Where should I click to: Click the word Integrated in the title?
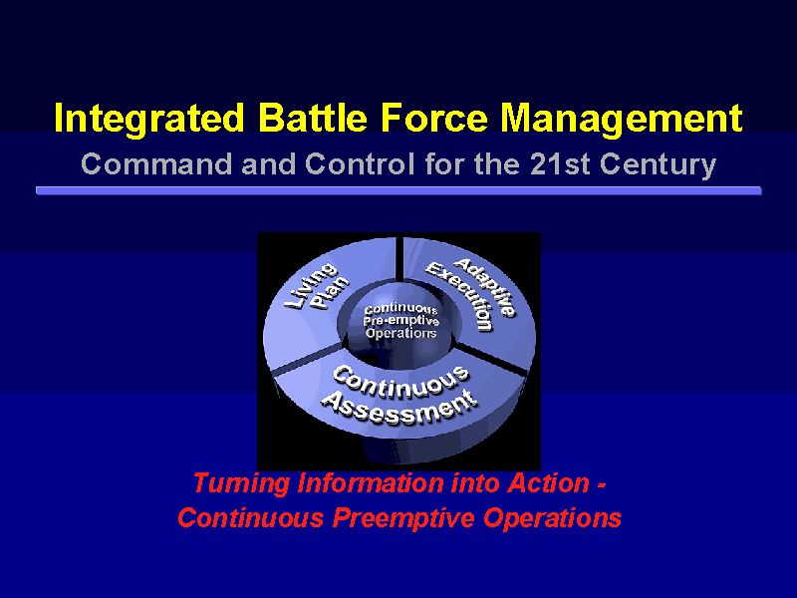(x=148, y=120)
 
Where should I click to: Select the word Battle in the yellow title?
(x=313, y=118)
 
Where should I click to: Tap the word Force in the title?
(x=434, y=118)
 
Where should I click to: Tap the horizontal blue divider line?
(x=398, y=190)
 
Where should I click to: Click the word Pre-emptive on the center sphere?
(x=401, y=321)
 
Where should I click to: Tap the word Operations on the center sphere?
(x=401, y=333)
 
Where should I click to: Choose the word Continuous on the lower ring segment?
(x=401, y=383)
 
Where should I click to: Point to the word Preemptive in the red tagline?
(x=403, y=518)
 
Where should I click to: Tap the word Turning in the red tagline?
(x=241, y=482)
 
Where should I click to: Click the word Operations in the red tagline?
(x=553, y=518)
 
